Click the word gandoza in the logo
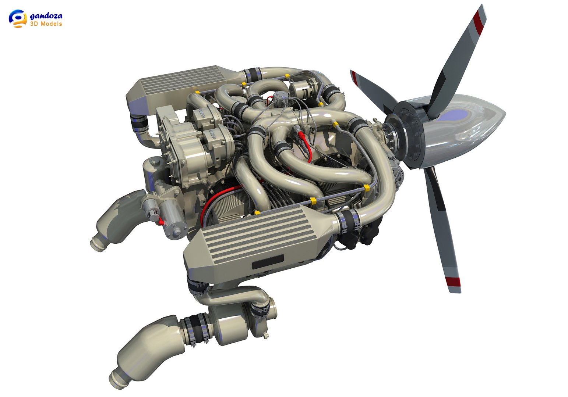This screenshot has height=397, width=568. tap(46, 16)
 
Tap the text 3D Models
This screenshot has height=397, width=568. tap(46, 24)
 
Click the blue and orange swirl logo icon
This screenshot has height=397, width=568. tap(18, 18)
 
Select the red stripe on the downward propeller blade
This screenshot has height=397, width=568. tap(453, 282)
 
